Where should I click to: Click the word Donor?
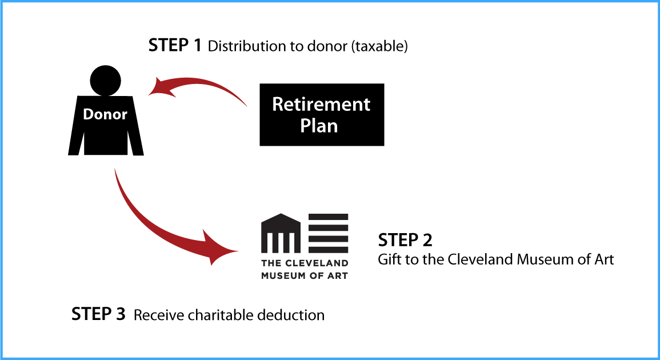[105, 114]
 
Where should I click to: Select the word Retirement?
[321, 104]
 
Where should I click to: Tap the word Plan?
[319, 126]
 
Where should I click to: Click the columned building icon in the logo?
[281, 234]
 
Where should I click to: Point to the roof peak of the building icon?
[281, 215]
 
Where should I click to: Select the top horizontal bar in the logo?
[329, 217]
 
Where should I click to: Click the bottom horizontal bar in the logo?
[329, 250]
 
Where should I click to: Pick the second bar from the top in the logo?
[329, 228]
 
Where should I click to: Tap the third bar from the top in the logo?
[329, 239]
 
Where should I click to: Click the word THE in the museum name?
[270, 263]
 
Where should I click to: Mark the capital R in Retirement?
[278, 104]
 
